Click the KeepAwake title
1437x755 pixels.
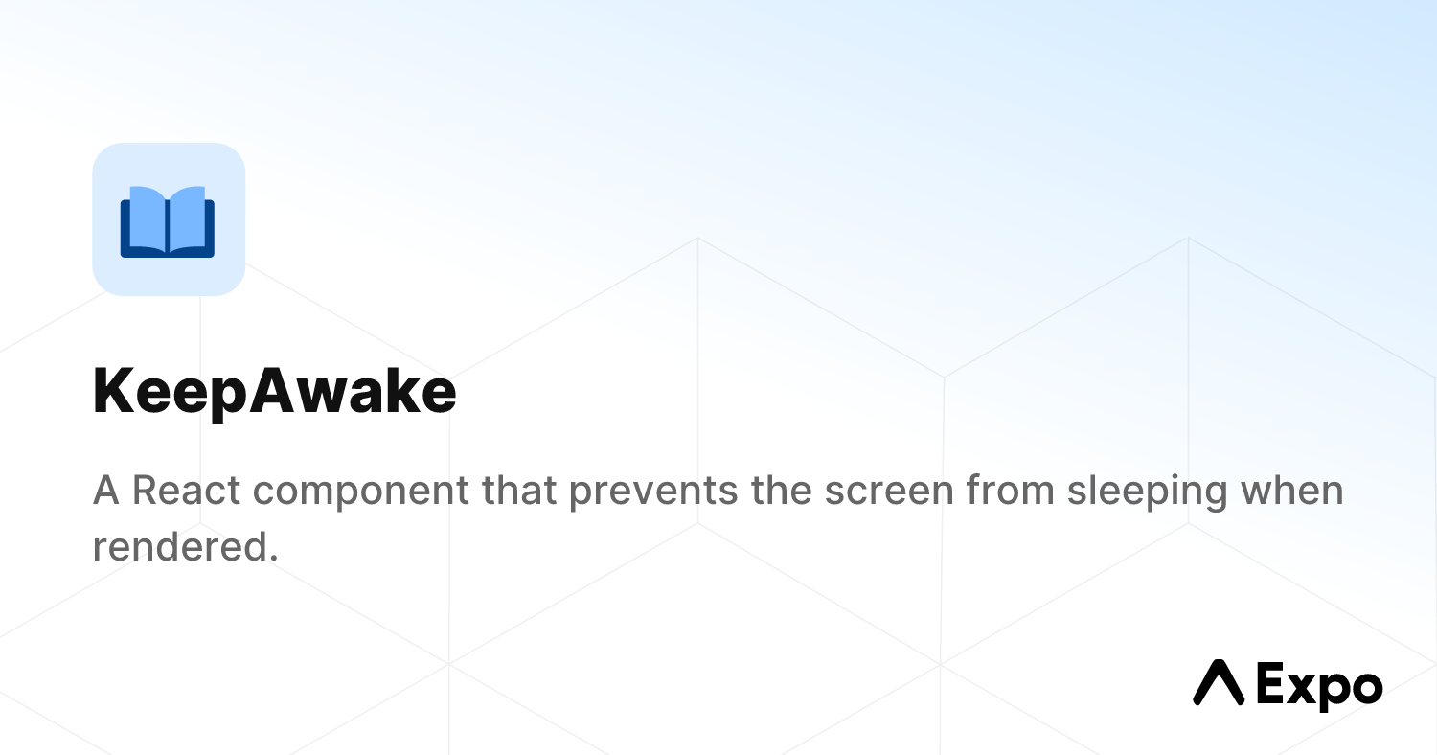click(x=274, y=392)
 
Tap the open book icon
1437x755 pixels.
click(x=168, y=221)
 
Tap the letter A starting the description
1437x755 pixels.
click(x=105, y=491)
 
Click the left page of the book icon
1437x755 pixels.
click(x=147, y=218)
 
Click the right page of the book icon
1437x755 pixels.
click(x=189, y=218)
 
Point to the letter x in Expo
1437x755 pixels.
click(x=1299, y=687)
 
